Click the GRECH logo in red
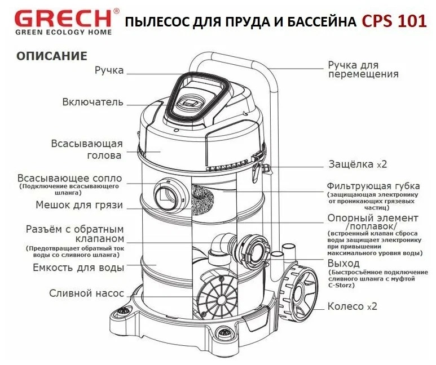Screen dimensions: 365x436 point(63,17)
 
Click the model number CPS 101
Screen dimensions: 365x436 point(395,21)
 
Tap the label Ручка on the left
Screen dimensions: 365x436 point(109,70)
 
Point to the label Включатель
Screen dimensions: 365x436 point(93,102)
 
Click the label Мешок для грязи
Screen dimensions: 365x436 point(79,205)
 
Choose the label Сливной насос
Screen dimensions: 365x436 point(86,293)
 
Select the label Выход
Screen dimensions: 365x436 point(343,263)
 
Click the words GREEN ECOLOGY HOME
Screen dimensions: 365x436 point(63,32)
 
